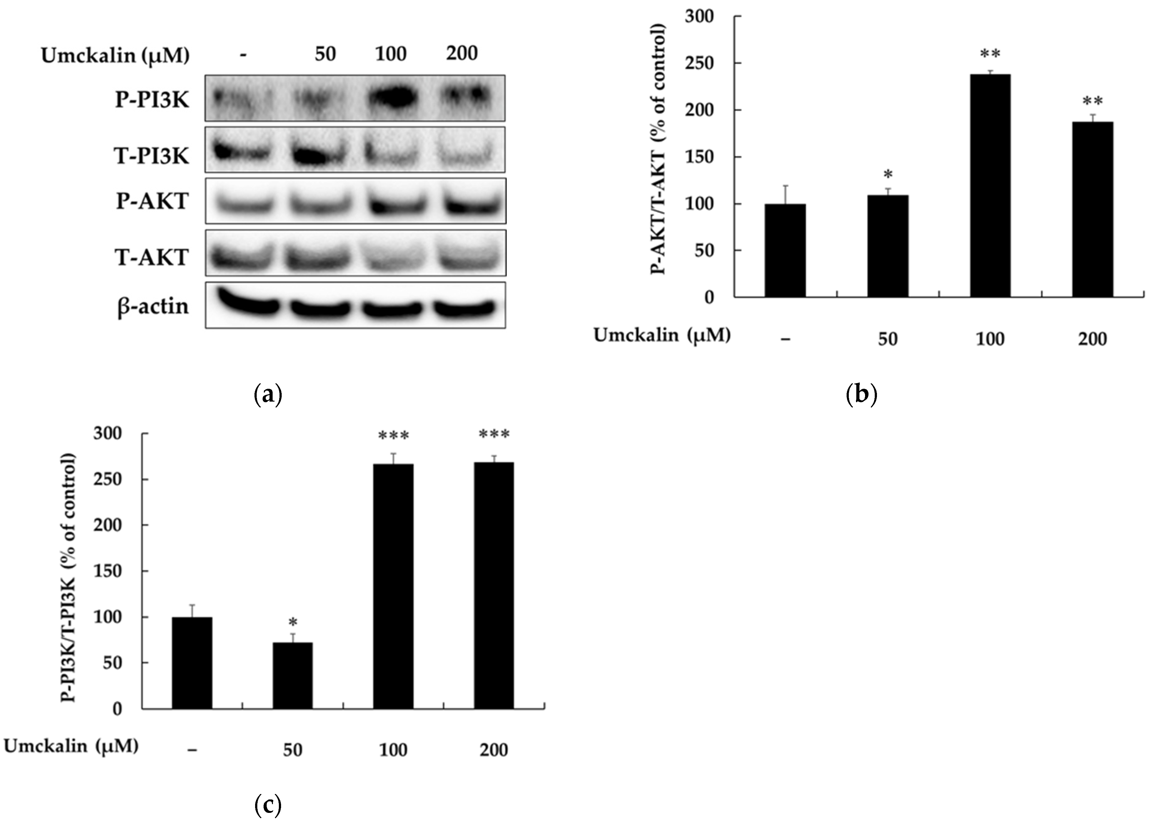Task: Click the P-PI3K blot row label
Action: tap(152, 100)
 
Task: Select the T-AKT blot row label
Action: tap(152, 257)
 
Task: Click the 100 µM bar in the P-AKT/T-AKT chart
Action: tap(990, 186)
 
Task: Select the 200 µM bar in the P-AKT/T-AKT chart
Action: tap(1092, 209)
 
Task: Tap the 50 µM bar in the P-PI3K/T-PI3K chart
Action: tap(292, 676)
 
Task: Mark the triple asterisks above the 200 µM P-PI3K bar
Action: tap(494, 435)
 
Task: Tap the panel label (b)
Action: tap(861, 394)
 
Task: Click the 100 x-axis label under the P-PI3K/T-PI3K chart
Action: tap(393, 750)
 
